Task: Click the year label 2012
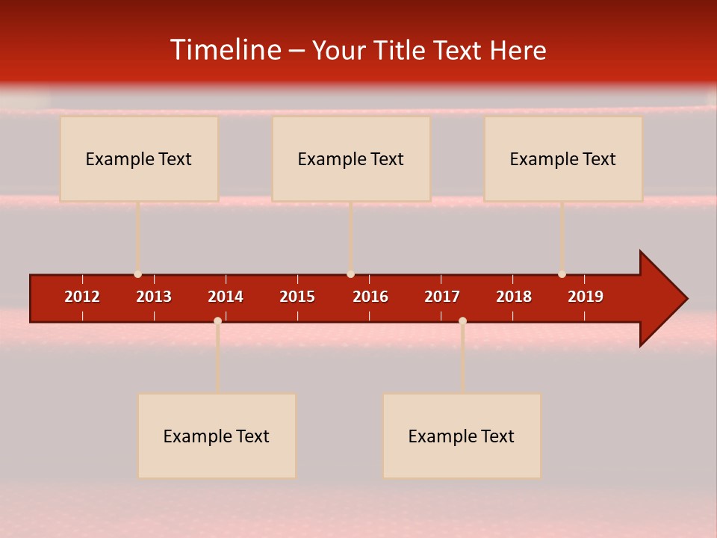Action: pyautogui.click(x=82, y=297)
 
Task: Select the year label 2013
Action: pyautogui.click(x=154, y=297)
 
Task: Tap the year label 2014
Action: pyautogui.click(x=226, y=297)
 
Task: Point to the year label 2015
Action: pyautogui.click(x=297, y=297)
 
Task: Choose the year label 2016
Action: pyautogui.click(x=370, y=297)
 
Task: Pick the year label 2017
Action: pyautogui.click(x=442, y=297)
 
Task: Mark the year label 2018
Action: pyautogui.click(x=514, y=297)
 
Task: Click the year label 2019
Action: pyautogui.click(x=586, y=297)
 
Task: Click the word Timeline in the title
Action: pyautogui.click(x=225, y=50)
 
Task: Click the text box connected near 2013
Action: pyautogui.click(x=139, y=158)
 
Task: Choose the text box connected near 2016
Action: pyautogui.click(x=351, y=158)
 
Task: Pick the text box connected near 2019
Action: pyautogui.click(x=563, y=158)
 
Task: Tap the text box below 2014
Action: pyautogui.click(x=217, y=436)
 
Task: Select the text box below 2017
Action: pyautogui.click(x=462, y=436)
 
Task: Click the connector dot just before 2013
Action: pyautogui.click(x=137, y=274)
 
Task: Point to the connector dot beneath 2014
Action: pyautogui.click(x=217, y=321)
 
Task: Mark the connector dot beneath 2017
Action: pyautogui.click(x=462, y=321)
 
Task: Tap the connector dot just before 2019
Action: pyautogui.click(x=562, y=274)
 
